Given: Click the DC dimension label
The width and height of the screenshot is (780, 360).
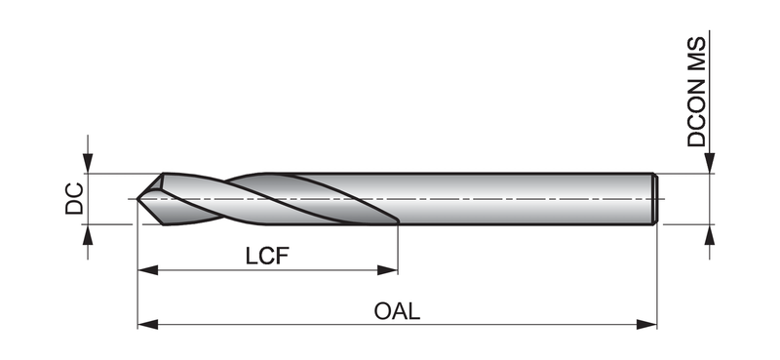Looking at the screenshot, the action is coord(75,199).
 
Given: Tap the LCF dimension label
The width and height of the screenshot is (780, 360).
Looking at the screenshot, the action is coord(267,256).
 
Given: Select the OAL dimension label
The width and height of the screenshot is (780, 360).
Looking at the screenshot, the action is coord(397,311).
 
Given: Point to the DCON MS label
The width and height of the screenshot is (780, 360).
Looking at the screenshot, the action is coord(696,92).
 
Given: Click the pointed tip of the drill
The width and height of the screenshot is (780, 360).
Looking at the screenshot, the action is coord(137,199).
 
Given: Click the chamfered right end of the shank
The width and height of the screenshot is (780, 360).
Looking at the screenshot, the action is coord(655,199).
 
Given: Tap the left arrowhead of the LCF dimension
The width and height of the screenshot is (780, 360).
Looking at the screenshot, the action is coord(148,270).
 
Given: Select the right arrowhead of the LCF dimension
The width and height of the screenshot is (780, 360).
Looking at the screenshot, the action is coord(387,270).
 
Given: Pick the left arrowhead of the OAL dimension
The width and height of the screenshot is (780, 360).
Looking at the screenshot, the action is coord(148,325).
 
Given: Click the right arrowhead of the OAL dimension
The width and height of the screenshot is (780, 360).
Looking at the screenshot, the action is coord(646,325).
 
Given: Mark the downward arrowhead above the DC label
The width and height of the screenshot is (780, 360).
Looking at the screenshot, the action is coord(88,163).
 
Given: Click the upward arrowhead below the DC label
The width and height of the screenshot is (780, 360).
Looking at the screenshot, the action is coord(88,234).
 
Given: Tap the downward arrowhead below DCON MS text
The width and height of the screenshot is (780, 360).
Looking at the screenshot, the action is coord(710,163).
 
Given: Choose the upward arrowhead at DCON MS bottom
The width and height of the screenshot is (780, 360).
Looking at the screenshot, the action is coord(710,234).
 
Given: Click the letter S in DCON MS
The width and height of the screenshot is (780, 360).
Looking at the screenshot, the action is coord(696,44).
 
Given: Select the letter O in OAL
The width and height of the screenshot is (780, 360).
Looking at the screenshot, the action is coord(382,311).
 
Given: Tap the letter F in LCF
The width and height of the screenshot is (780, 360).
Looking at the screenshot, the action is coord(283,256).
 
